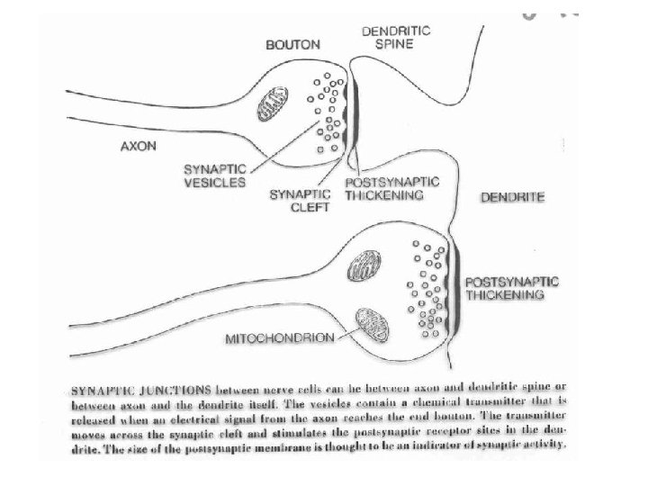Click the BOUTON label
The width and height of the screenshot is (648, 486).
pos(290,44)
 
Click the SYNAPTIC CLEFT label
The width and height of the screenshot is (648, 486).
pos(300,199)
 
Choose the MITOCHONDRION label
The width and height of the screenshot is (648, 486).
pos(277,338)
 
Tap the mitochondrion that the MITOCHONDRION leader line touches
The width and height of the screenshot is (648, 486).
pos(372,322)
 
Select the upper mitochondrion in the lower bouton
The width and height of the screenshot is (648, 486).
pos(365,265)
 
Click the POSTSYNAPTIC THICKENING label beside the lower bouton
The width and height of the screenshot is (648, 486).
pos(511,289)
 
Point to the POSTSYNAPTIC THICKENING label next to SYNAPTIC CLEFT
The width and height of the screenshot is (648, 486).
pos(392,187)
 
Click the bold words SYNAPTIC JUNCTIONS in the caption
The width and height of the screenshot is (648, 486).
pos(140,391)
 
